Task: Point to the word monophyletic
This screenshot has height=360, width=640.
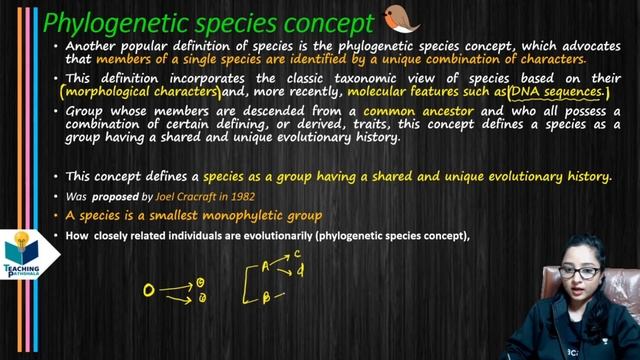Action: click(258, 215)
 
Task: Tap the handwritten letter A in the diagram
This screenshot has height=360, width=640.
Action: click(266, 266)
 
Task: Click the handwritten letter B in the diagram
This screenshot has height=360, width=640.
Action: click(266, 298)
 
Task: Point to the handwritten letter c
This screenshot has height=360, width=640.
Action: click(298, 256)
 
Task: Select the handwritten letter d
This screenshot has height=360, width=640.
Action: click(300, 271)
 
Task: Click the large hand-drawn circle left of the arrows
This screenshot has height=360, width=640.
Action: click(149, 291)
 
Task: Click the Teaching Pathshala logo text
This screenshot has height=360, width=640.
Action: click(20, 270)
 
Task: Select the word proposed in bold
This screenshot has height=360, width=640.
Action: click(102, 197)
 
